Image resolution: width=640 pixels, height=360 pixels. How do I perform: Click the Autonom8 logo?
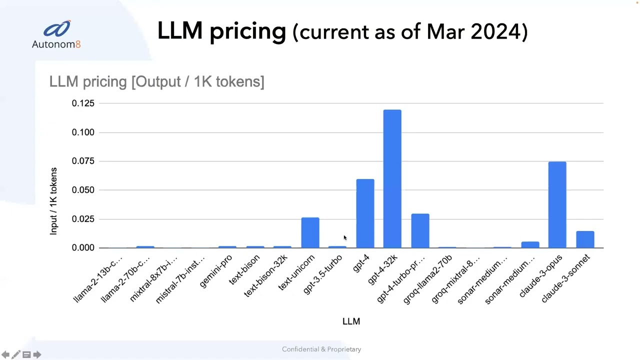click(56, 34)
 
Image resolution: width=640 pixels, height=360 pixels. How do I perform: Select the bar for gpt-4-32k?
click(392, 179)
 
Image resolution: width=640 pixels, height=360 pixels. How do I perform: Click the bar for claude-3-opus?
click(557, 205)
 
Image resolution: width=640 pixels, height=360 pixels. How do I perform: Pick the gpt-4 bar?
click(365, 213)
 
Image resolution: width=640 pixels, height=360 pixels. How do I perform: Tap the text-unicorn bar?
click(310, 233)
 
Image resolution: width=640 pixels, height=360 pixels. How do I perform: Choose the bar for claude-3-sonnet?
click(585, 239)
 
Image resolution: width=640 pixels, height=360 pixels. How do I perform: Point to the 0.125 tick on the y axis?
click(83, 103)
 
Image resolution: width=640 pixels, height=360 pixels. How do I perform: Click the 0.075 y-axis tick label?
click(83, 161)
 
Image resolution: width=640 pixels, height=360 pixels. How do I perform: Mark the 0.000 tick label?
click(83, 248)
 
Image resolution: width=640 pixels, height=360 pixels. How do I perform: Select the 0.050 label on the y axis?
click(83, 190)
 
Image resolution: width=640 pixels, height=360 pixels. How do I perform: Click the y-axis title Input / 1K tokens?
click(53, 201)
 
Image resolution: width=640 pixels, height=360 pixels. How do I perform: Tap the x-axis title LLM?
click(351, 321)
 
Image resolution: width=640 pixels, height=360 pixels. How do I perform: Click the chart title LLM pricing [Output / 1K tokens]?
click(156, 81)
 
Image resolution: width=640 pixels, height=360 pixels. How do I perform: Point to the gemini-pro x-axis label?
click(216, 271)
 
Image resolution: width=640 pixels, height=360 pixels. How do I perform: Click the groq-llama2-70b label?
click(428, 278)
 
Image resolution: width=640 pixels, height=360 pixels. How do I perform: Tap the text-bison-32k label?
click(266, 275)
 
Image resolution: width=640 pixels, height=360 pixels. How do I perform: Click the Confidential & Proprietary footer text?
click(321, 349)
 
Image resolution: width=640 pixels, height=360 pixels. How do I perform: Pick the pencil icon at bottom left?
click(16, 354)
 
